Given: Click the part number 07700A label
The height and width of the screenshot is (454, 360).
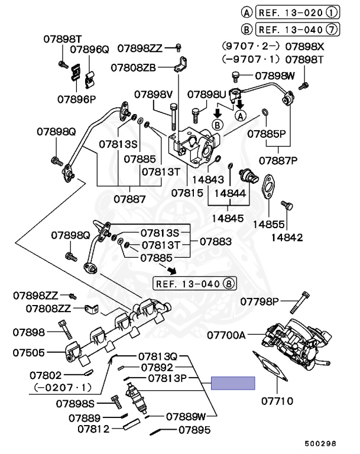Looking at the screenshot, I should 226,335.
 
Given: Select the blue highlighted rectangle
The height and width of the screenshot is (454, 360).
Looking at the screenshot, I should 233,383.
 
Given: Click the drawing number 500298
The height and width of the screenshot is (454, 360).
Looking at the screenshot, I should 320,443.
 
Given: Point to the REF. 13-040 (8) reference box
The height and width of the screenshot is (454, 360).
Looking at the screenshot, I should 194,283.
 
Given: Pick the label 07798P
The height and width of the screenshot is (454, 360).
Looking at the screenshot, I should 260,302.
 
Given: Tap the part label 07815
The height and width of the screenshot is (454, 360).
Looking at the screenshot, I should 187,193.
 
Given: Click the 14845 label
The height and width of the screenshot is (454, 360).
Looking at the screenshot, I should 229,218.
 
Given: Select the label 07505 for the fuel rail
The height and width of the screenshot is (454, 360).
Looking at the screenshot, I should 28,353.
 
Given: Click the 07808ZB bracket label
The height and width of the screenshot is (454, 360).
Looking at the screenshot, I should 136,67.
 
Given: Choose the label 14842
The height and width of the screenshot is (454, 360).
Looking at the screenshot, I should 287,238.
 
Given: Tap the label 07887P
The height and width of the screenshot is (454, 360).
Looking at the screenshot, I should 278,160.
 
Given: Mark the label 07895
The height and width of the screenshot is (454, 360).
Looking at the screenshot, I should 194,430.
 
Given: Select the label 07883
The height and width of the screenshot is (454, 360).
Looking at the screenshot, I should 215,241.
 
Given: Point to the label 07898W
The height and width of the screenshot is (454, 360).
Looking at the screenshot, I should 274,76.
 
